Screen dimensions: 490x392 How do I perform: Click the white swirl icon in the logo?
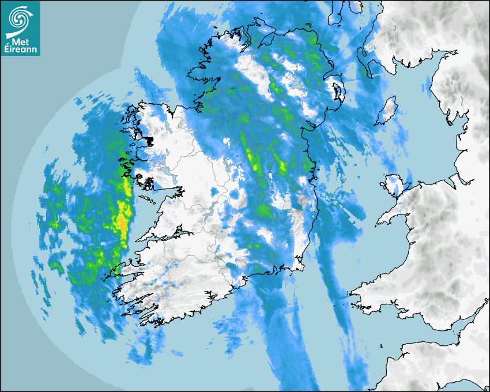tap(20, 18)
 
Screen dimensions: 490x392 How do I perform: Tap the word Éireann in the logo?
tap(20, 50)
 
